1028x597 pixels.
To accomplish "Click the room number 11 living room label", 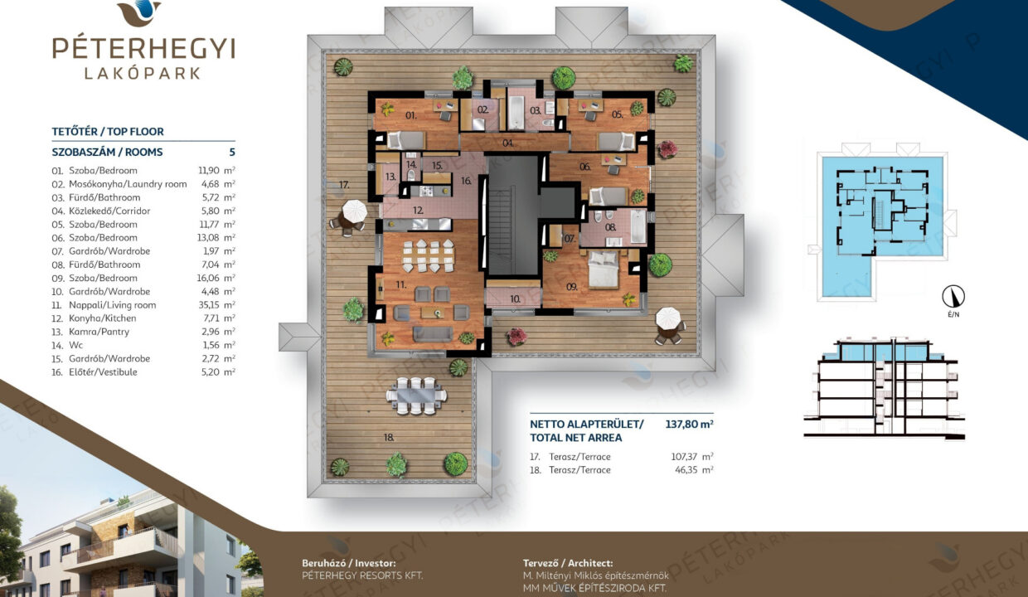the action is pos(400,285).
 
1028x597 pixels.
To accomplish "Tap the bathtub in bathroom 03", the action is pos(516,113).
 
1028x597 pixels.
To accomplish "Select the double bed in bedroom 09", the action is pos(604,269).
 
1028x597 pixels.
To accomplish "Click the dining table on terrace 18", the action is pos(416,396).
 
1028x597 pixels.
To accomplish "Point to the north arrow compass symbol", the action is pos(953,297).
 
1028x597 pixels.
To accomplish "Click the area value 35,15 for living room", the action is pos(208,304).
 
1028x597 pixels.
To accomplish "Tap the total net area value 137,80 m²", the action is pos(689,424).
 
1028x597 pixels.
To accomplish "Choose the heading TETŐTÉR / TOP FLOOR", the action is pos(108,131).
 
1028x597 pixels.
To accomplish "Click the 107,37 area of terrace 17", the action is pos(684,457).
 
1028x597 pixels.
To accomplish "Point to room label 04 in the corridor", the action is pos(507,143).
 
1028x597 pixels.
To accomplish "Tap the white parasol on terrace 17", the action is pos(354,211).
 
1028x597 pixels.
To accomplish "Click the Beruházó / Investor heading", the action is pos(349,563).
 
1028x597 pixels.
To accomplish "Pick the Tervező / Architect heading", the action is pos(568,563).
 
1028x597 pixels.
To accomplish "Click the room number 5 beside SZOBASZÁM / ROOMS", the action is pos(232,152).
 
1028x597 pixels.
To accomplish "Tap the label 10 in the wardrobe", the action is pos(515,299).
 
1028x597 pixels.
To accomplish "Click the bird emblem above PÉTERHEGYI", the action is pos(139,12).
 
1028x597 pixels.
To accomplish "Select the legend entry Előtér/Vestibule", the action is pos(103,371).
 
